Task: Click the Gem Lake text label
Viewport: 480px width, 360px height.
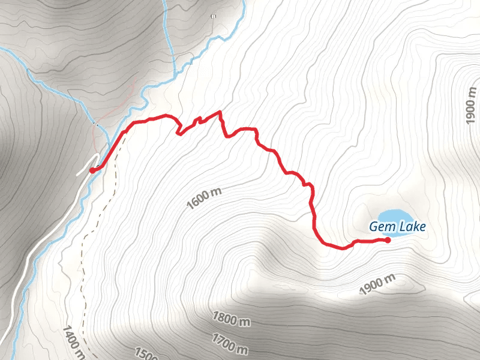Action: click(397, 227)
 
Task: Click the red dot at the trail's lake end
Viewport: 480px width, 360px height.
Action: click(388, 240)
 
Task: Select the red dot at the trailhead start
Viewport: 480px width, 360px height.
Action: click(92, 170)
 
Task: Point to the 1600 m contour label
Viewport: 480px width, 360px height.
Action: click(205, 198)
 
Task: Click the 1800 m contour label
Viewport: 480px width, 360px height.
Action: click(232, 318)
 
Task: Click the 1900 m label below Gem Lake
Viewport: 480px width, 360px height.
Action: click(377, 284)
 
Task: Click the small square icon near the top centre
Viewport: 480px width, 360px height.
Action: click(213, 17)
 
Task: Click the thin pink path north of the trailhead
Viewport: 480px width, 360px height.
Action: click(120, 108)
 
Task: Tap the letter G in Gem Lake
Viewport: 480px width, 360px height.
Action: click(373, 227)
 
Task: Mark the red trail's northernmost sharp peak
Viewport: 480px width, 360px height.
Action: click(220, 112)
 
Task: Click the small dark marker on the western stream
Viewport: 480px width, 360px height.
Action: click(94, 124)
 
